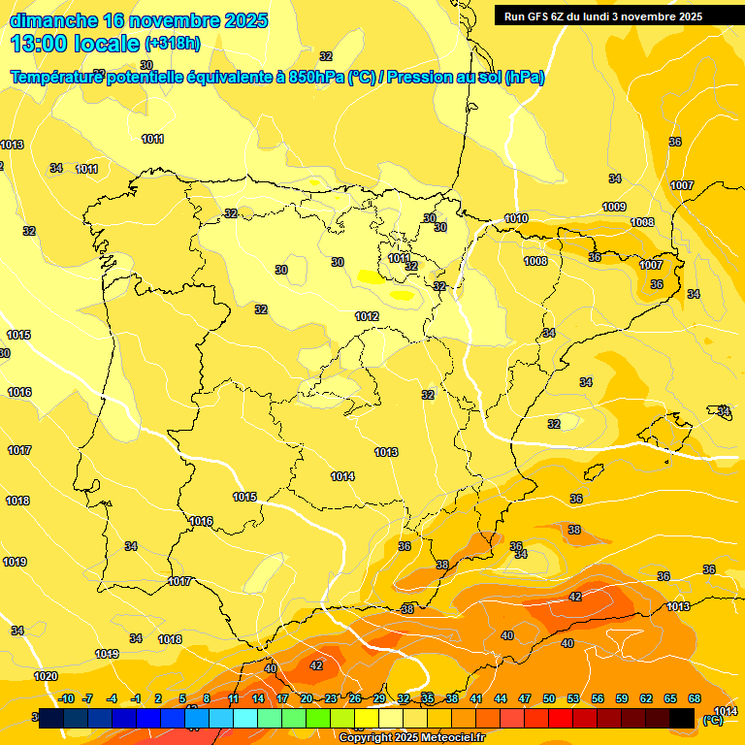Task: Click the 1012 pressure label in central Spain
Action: point(367,317)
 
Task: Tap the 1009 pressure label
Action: point(614,207)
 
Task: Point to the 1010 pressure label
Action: point(516,219)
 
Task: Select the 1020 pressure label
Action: point(46,676)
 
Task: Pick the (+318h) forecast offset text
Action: point(173,44)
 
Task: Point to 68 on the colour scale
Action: point(695,698)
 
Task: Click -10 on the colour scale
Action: point(66,698)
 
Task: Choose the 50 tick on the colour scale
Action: point(549,698)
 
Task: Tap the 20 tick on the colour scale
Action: point(307,698)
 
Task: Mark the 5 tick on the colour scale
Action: point(182,698)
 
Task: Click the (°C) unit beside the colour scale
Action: point(712,720)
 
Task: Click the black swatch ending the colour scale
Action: point(682,718)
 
